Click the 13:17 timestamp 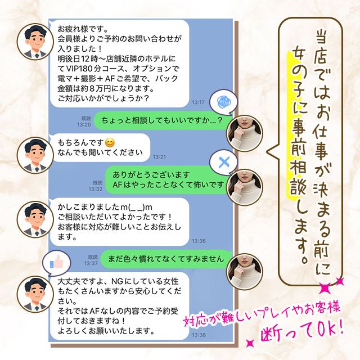(197, 102)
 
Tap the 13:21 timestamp (160, 156)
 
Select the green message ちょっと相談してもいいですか (157, 120)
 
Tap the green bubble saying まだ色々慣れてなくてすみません (164, 259)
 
